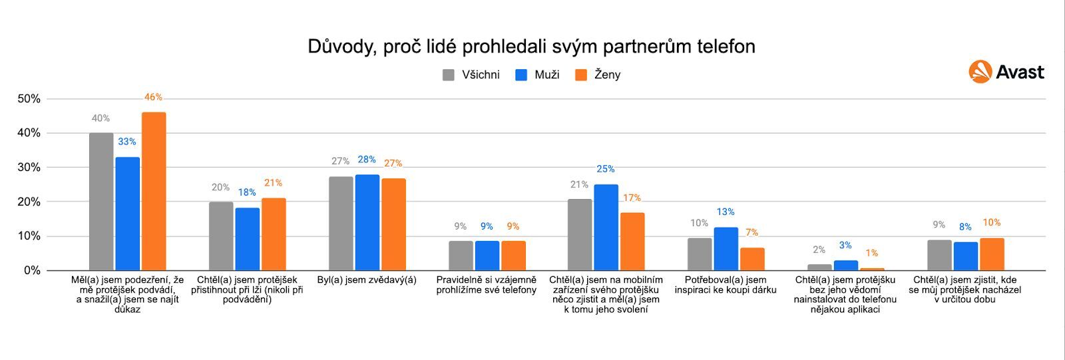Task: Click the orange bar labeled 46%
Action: tap(154, 191)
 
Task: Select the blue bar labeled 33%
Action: tap(127, 214)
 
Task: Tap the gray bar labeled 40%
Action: tap(101, 202)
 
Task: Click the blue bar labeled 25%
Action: tap(606, 227)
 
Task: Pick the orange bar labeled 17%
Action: tap(632, 241)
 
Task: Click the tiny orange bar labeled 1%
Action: tap(872, 269)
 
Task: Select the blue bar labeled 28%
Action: tap(367, 222)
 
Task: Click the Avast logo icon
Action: tap(980, 72)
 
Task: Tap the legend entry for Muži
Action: tap(538, 75)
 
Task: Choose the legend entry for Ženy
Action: tap(598, 75)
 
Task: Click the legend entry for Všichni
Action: tap(471, 75)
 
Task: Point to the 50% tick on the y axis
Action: tap(29, 98)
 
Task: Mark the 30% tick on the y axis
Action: tap(29, 167)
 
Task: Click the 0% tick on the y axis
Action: tap(32, 270)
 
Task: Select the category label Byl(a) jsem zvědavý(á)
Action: tap(367, 280)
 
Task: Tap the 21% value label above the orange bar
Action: tap(273, 183)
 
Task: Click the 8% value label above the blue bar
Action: tap(965, 227)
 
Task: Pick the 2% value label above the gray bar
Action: tap(819, 250)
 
